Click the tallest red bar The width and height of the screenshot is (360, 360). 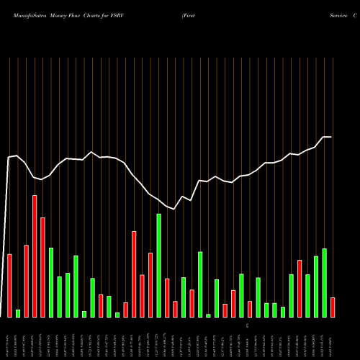[35, 256]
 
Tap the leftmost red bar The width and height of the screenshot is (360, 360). [10, 285]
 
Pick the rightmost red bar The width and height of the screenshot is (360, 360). [333, 307]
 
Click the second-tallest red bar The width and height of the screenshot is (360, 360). [42, 266]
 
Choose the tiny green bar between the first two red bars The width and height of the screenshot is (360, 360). [18, 313]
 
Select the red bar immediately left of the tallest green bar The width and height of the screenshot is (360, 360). [150, 284]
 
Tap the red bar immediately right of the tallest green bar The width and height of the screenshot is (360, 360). [167, 297]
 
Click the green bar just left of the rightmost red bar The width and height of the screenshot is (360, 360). [325, 282]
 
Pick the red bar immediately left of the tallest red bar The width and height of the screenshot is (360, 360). [27, 281]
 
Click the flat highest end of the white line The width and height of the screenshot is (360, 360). [327, 137]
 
